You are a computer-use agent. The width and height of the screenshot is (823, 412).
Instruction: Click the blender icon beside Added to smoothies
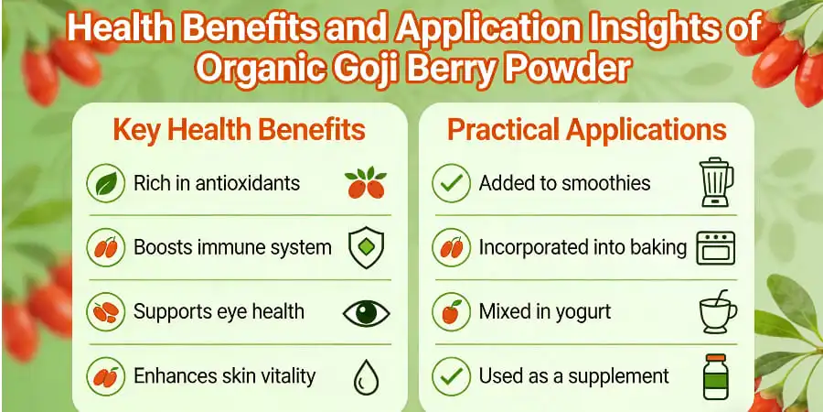coord(713,182)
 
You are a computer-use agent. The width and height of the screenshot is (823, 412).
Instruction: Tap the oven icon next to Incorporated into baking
coord(715,247)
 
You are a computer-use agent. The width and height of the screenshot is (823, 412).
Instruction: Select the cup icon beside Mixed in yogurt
coord(717,311)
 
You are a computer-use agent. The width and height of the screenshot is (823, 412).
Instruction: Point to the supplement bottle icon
coord(716,376)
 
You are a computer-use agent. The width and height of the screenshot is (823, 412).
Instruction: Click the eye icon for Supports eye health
coord(365,312)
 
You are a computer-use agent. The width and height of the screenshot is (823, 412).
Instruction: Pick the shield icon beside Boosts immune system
coord(366,247)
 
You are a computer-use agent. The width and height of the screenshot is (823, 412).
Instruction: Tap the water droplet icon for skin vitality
coord(365,376)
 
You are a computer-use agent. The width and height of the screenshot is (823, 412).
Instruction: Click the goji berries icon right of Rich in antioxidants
coord(365,183)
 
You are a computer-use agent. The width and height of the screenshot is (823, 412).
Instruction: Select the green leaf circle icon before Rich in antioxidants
coord(104,183)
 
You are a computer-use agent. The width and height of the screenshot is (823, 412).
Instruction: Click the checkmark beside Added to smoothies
coord(451,183)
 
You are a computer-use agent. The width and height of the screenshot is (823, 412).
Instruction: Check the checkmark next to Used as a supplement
coord(451,376)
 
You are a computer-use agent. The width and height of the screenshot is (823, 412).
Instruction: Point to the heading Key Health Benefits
coord(239,130)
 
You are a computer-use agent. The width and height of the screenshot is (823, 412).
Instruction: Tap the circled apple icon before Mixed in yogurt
coord(451,312)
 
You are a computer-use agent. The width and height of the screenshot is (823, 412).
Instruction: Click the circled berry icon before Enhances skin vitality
coord(104,376)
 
